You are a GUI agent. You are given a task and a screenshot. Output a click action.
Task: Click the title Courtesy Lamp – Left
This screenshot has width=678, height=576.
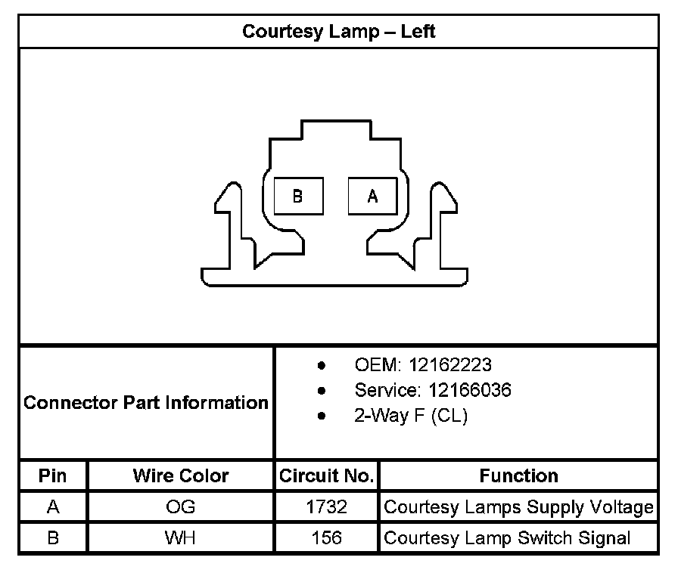click(338, 32)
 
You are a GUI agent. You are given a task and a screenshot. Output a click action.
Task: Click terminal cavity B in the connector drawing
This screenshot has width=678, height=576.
click(298, 196)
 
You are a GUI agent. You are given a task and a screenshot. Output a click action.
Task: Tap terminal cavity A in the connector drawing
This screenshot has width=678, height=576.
click(372, 196)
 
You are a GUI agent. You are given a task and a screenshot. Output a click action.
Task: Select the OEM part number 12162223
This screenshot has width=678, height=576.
click(449, 365)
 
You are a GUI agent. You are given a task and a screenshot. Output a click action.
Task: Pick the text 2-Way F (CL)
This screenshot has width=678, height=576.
click(411, 416)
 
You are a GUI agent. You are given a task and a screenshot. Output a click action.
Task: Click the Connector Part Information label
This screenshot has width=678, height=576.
click(146, 402)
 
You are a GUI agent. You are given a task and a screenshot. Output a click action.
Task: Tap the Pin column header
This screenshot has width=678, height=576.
click(52, 475)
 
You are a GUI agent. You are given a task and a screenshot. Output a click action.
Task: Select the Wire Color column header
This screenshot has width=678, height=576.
click(180, 475)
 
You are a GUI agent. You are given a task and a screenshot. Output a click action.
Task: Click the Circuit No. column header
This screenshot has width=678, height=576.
click(326, 475)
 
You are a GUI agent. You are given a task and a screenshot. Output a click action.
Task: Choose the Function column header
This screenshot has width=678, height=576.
click(518, 475)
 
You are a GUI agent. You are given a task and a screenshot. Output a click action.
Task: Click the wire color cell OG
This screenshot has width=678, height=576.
click(180, 506)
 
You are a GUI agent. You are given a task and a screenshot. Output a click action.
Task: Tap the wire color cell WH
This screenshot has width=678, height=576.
click(180, 538)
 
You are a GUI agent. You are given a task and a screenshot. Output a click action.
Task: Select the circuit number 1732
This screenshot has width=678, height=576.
click(326, 506)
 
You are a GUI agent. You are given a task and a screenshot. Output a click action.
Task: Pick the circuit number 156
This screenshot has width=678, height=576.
click(326, 538)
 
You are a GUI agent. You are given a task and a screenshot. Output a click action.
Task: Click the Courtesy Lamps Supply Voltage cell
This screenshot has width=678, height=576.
click(518, 506)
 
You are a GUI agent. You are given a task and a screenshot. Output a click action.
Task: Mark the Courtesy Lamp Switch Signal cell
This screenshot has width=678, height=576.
click(507, 538)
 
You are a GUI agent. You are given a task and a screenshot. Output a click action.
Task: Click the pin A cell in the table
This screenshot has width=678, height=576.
click(52, 506)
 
